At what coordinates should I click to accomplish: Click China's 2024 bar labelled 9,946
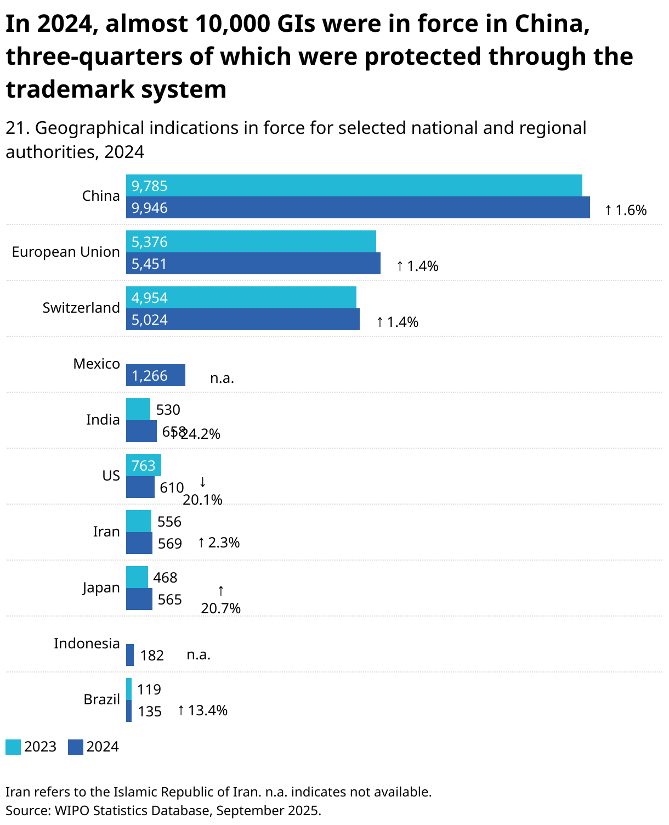pyautogui.click(x=358, y=208)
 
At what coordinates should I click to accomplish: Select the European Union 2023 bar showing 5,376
pyautogui.click(x=251, y=241)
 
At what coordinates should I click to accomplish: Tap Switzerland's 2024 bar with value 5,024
pyautogui.click(x=243, y=319)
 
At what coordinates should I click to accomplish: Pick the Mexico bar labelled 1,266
pyautogui.click(x=156, y=375)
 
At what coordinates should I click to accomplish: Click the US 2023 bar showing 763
pyautogui.click(x=144, y=465)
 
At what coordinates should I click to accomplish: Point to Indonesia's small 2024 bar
pyautogui.click(x=130, y=655)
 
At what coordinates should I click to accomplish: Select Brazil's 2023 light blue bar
pyautogui.click(x=129, y=689)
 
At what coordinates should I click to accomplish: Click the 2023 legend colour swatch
pyautogui.click(x=13, y=747)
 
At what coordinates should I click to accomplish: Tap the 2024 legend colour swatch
pyautogui.click(x=76, y=747)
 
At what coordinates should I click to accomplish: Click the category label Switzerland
pyautogui.click(x=81, y=308)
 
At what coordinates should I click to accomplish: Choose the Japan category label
pyautogui.click(x=101, y=587)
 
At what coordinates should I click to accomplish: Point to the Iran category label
pyautogui.click(x=106, y=532)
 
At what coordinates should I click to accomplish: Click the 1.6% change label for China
pyautogui.click(x=626, y=210)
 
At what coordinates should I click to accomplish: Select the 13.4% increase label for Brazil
pyautogui.click(x=202, y=710)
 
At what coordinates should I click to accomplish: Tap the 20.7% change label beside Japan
pyautogui.click(x=221, y=608)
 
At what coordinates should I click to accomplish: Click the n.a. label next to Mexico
pyautogui.click(x=222, y=378)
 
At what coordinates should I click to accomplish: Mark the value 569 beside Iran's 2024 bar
pyautogui.click(x=170, y=544)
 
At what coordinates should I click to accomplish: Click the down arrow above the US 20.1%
pyautogui.click(x=202, y=482)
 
